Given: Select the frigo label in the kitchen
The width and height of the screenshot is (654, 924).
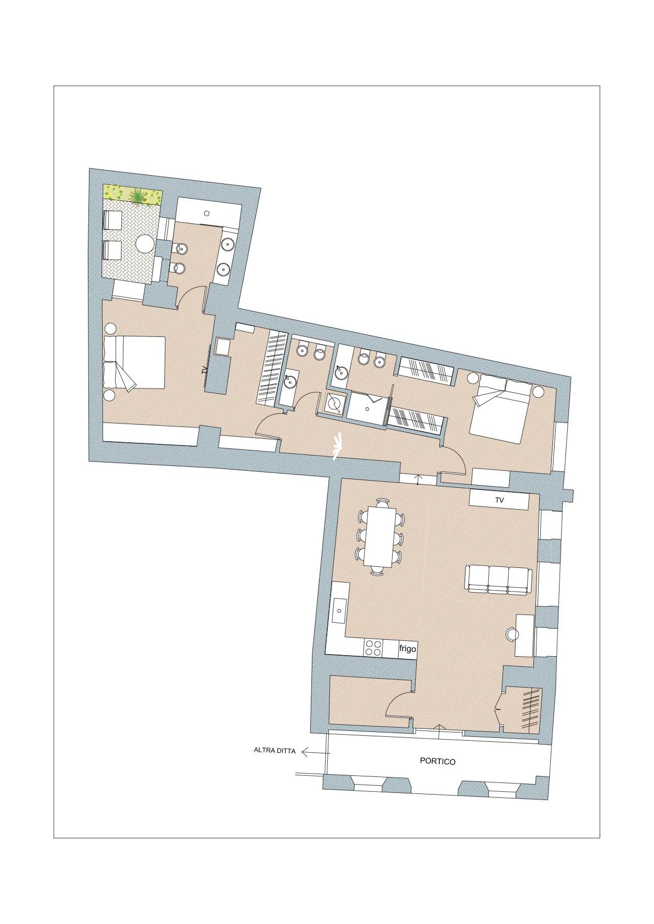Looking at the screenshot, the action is click(407, 649).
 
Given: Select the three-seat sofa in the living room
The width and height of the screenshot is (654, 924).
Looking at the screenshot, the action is click(499, 581).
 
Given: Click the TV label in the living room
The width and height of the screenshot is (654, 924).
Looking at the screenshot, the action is click(500, 500).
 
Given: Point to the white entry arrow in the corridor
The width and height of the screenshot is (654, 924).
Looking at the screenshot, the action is click(338, 446).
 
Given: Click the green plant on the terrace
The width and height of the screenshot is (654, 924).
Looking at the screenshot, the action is click(137, 195).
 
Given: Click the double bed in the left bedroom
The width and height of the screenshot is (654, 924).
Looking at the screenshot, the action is click(134, 363).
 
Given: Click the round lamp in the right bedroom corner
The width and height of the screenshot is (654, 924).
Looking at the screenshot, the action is click(538, 391).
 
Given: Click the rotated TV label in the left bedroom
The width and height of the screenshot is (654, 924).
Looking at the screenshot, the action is click(204, 370).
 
